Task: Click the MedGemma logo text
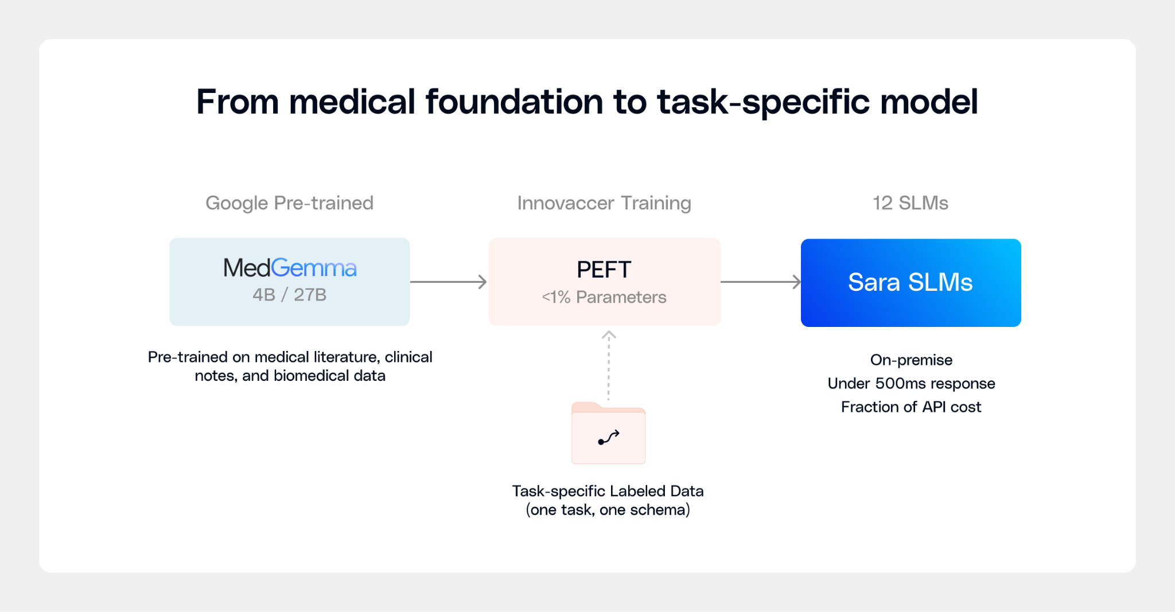click(x=290, y=268)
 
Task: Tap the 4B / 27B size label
click(x=290, y=295)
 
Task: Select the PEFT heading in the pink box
click(x=604, y=270)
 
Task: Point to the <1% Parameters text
click(x=604, y=297)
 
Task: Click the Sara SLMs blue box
click(x=911, y=283)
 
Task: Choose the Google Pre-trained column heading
click(x=290, y=203)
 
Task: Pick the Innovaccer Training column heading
click(x=604, y=203)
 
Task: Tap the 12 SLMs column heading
click(x=911, y=203)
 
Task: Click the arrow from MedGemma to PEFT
click(x=449, y=282)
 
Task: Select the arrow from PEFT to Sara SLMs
click(x=760, y=282)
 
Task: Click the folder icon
click(x=609, y=434)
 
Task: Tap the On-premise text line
click(x=911, y=360)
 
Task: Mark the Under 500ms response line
click(x=911, y=384)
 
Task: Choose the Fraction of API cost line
click(x=911, y=407)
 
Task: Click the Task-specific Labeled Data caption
click(x=608, y=491)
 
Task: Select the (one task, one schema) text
click(x=608, y=510)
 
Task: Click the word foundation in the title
click(x=514, y=102)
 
